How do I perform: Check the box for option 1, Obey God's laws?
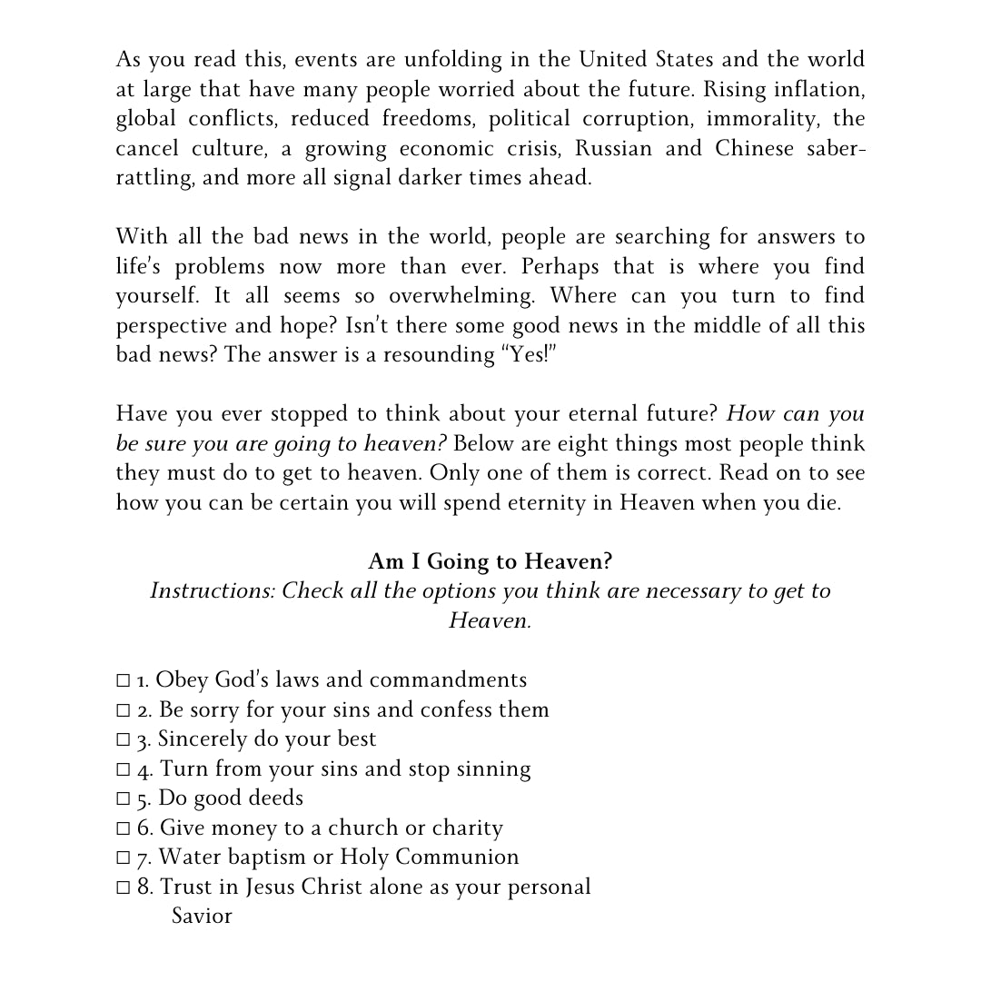tap(124, 681)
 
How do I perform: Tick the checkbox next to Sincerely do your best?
tap(124, 740)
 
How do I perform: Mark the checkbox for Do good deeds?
tap(124, 799)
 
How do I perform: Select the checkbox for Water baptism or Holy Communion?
tap(124, 858)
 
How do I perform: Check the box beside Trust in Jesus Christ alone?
tap(124, 887)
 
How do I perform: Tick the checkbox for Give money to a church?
tap(124, 828)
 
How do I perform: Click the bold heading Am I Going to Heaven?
tap(490, 561)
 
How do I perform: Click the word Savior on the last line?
tap(202, 916)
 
